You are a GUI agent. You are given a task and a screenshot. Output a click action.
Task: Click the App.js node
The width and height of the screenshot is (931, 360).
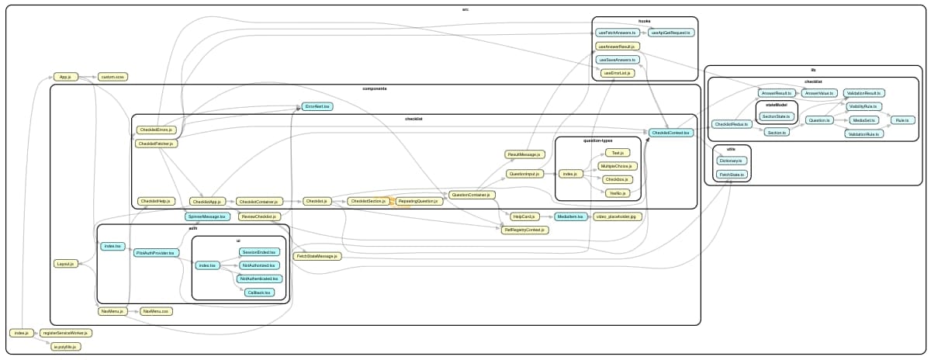[66, 77]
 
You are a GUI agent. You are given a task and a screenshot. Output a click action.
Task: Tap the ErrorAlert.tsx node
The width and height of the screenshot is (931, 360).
[317, 106]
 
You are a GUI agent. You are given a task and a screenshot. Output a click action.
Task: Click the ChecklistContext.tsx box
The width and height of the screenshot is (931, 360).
[670, 133]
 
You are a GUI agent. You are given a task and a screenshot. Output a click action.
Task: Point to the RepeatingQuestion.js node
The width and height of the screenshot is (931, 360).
[417, 201]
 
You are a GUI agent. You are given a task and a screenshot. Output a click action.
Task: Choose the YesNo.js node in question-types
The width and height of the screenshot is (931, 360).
[618, 192]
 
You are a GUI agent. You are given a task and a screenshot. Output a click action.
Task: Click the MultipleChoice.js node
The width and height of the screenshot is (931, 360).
[618, 166]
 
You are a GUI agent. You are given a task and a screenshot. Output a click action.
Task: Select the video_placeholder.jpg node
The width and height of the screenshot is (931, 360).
[614, 216]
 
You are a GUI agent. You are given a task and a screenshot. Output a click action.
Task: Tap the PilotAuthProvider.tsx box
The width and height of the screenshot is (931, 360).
[157, 253]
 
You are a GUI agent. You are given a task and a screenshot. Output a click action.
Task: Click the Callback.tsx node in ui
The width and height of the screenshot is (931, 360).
[259, 292]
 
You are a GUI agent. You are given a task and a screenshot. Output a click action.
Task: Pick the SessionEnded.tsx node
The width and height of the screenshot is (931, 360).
[259, 252]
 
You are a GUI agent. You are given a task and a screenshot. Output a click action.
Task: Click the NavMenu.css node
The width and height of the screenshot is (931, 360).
[155, 311]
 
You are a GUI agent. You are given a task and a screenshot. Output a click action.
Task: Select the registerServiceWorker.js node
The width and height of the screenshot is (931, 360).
[66, 333]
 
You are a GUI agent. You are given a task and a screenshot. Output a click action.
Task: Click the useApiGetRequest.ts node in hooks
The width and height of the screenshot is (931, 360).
[671, 33]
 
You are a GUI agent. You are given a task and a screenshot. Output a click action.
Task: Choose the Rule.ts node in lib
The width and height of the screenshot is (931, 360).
[902, 120]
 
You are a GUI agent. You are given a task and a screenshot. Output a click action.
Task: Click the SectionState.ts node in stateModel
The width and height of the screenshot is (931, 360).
[776, 116]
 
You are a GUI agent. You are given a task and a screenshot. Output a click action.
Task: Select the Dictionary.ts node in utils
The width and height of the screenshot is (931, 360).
[731, 161]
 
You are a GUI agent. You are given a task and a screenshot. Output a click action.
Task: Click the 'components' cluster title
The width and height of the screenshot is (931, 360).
[375, 88]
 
